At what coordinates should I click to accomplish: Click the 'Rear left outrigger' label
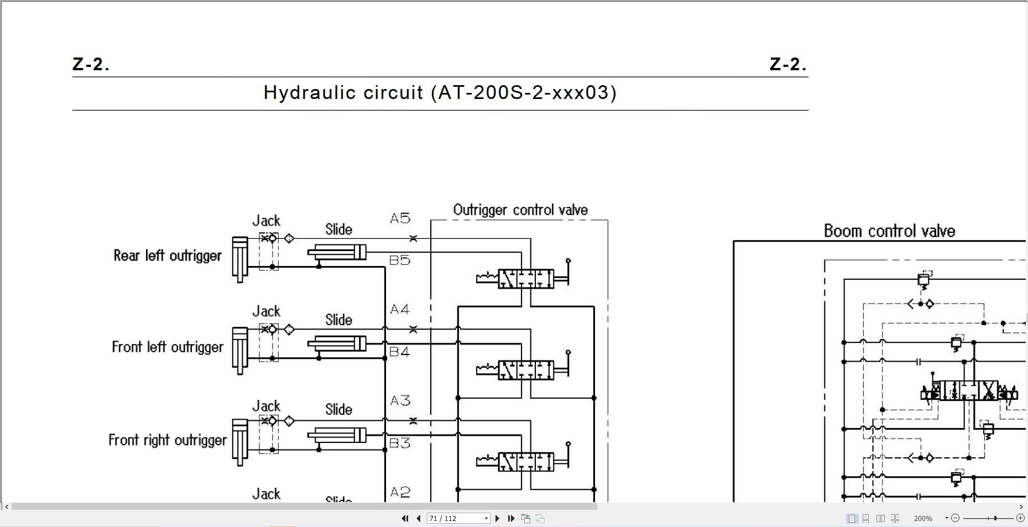tap(168, 255)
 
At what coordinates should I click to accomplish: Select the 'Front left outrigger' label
tap(168, 347)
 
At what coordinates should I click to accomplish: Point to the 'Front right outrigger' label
tap(168, 440)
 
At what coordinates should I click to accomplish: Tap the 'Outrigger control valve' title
tap(520, 210)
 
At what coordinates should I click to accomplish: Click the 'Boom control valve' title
tap(889, 231)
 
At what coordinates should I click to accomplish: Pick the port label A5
tap(400, 218)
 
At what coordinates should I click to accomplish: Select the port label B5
tap(400, 260)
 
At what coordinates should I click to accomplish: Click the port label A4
tap(400, 309)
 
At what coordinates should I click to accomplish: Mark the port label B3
tap(400, 443)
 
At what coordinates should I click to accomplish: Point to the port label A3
tap(400, 400)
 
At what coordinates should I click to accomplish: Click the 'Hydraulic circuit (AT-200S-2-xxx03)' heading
tap(440, 92)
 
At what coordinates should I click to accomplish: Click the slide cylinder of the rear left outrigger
tap(337, 253)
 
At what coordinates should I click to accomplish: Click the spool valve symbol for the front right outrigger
tap(525, 462)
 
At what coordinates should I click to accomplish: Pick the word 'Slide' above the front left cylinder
tap(338, 320)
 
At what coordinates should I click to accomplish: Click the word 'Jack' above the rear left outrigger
tap(266, 221)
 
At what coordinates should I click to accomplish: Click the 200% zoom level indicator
tap(922, 518)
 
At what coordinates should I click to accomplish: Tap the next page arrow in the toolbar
tap(497, 518)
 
